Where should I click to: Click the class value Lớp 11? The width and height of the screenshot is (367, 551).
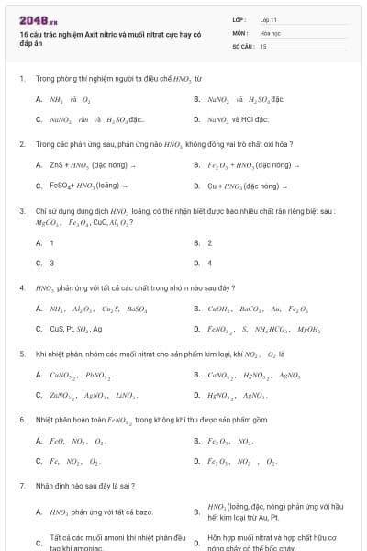(x=268, y=19)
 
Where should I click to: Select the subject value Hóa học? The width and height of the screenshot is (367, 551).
(x=269, y=32)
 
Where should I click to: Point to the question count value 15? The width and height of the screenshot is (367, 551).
(x=263, y=45)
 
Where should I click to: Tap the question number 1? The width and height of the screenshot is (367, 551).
(x=21, y=79)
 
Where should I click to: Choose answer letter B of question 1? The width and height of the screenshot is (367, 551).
(x=196, y=99)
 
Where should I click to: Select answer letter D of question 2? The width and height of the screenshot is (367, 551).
(x=196, y=186)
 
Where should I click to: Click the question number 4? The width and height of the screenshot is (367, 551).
(x=21, y=287)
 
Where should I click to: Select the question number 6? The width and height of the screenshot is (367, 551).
(x=21, y=419)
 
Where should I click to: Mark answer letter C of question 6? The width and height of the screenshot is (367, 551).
(x=39, y=460)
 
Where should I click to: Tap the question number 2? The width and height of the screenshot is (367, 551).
(x=21, y=144)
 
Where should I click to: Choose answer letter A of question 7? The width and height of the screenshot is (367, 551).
(x=39, y=512)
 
